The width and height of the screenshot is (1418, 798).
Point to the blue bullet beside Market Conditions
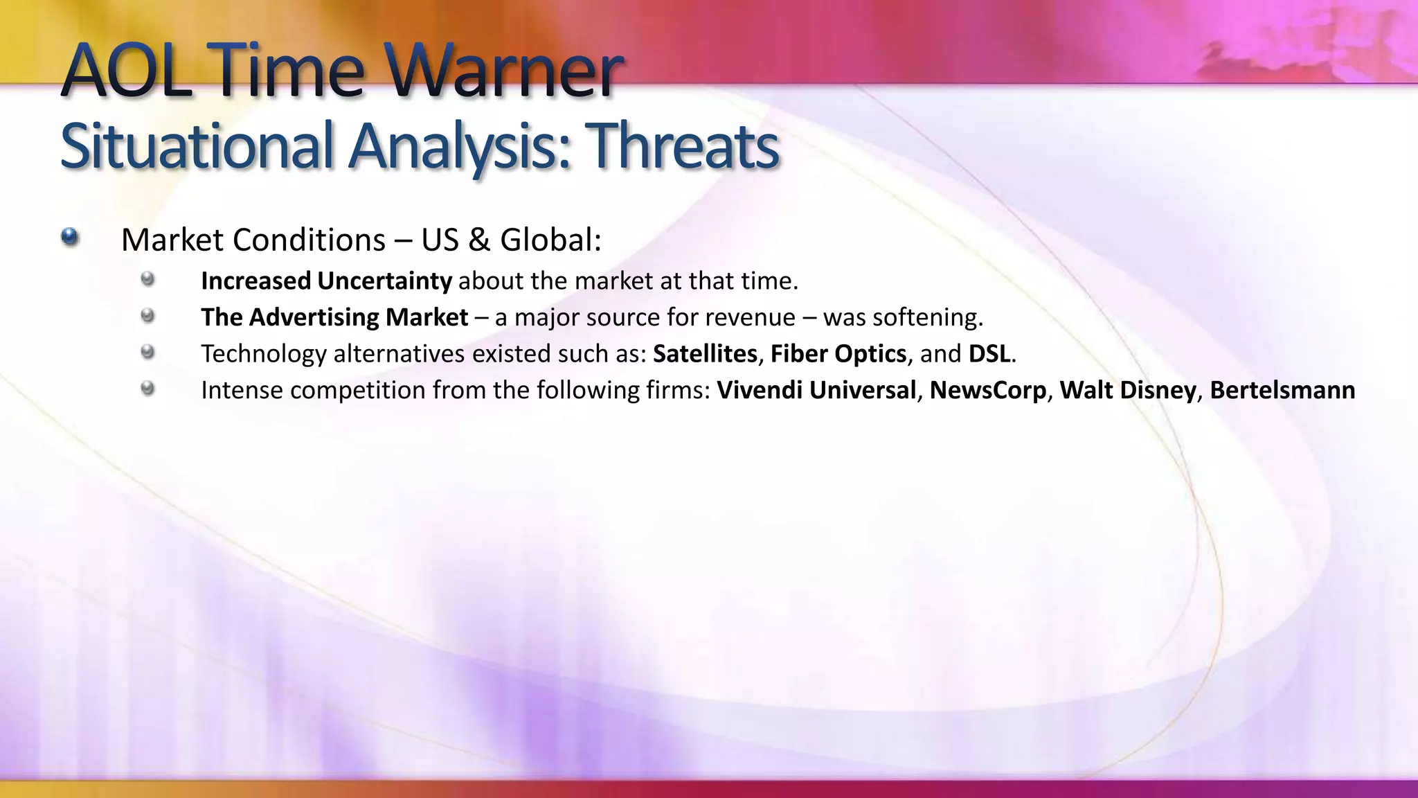click(x=69, y=238)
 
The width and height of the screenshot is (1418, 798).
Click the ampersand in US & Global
click(x=479, y=240)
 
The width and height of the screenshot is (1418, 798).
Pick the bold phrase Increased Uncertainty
click(x=326, y=281)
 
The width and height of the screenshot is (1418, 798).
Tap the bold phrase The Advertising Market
click(x=334, y=317)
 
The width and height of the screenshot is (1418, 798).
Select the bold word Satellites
click(x=705, y=354)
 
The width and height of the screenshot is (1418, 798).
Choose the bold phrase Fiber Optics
click(x=838, y=354)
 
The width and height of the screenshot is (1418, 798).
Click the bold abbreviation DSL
click(x=989, y=354)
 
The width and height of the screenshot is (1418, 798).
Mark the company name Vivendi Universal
click(x=816, y=390)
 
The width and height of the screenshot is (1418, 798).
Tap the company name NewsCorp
click(x=988, y=390)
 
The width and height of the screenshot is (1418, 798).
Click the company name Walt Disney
click(x=1128, y=390)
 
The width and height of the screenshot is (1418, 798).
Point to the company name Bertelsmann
click(x=1282, y=390)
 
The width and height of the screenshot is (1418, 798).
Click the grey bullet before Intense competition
click(x=147, y=388)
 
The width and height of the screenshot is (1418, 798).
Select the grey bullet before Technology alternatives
click(x=147, y=352)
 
